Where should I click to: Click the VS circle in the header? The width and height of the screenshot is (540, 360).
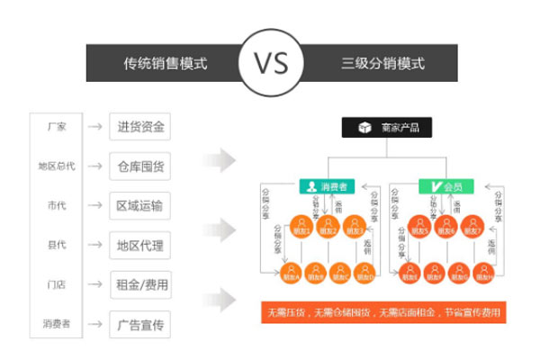270,64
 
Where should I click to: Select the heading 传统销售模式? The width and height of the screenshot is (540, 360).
166,65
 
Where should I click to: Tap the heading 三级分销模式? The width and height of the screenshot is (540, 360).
382,65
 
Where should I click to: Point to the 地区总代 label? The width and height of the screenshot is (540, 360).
57,166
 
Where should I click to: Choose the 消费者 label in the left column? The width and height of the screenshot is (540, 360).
57,323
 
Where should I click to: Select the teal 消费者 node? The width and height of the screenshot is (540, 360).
328,187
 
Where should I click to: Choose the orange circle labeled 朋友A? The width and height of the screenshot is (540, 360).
290,274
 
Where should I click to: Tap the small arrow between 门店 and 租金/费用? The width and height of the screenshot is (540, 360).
94,285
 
